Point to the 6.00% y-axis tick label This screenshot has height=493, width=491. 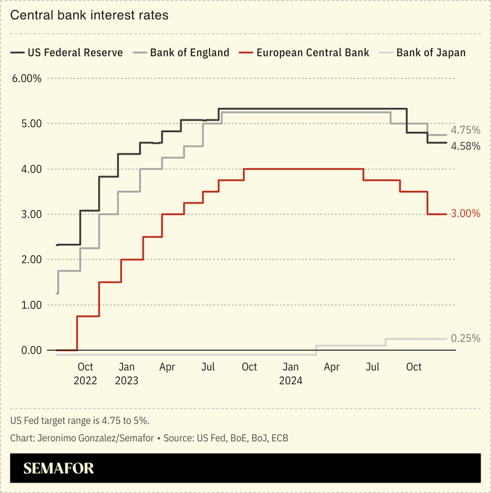pos(26,79)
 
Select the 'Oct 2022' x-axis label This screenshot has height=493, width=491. pos(85,373)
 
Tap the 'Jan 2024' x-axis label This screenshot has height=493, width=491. pos(290,373)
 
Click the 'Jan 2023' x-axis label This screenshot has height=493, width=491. pos(126,373)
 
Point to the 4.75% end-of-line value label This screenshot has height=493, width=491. pos(465,131)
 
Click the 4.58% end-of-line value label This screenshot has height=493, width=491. pos(465,146)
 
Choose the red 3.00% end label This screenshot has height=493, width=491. pos(465,214)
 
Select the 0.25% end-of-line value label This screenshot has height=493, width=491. pos(465,339)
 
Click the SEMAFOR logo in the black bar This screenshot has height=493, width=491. pos(59,469)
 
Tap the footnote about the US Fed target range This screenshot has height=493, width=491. pos(80,421)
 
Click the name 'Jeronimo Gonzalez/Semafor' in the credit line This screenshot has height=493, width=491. pos(96,438)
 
